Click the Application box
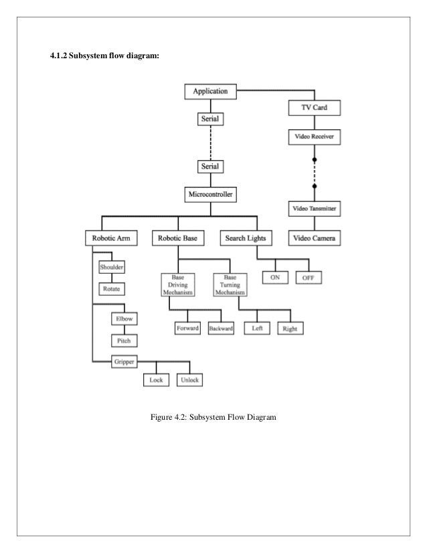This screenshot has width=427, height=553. tap(210, 90)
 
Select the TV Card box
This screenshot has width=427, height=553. tap(313, 107)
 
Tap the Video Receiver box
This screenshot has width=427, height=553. tap(313, 137)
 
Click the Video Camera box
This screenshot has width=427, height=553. tap(313, 238)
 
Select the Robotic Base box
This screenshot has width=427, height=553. tap(179, 238)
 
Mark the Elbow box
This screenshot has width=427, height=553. tap(123, 319)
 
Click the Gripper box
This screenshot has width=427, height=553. tap(123, 362)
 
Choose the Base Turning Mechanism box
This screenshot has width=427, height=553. tap(230, 285)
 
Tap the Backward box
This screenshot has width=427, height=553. tap(221, 329)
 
